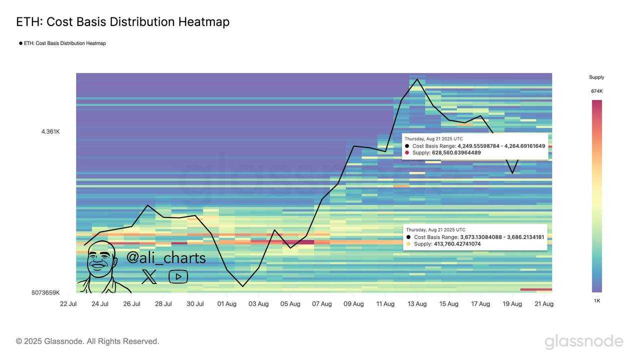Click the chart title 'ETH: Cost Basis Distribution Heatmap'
click(122, 22)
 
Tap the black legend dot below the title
click(21, 43)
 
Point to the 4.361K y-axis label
click(50, 131)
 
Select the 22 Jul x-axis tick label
click(68, 304)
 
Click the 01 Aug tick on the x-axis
click(227, 304)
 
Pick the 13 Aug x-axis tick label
click(417, 304)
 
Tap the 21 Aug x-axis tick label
click(544, 304)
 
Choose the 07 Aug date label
click(322, 304)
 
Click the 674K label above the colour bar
click(597, 91)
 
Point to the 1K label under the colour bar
click(597, 301)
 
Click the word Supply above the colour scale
click(596, 77)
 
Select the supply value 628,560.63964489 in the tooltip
click(456, 152)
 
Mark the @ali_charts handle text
click(166, 258)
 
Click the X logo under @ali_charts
click(149, 276)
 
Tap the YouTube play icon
click(178, 276)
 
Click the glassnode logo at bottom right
click(583, 341)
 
